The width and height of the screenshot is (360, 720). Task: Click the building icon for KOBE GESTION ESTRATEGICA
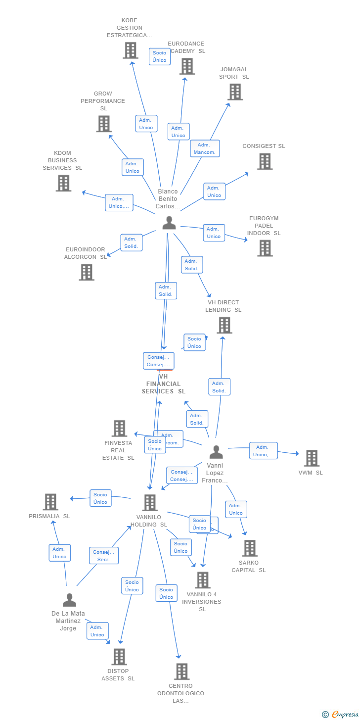(x=131, y=50)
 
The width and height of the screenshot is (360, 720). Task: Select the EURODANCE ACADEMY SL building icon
(x=187, y=66)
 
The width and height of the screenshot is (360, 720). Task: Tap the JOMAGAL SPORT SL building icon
(x=235, y=92)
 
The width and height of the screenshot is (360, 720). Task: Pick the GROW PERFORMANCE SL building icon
(x=104, y=124)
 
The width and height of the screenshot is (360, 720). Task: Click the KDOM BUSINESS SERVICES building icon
(x=63, y=183)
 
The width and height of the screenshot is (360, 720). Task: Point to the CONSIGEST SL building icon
(x=265, y=161)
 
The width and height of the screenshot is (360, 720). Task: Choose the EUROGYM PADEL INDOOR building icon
(x=265, y=248)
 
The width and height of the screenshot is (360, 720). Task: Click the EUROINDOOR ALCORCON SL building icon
(x=87, y=272)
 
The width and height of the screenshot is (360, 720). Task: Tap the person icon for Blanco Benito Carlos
(x=169, y=223)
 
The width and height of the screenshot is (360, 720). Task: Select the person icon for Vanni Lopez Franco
(x=216, y=452)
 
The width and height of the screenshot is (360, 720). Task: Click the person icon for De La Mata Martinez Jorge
(x=69, y=600)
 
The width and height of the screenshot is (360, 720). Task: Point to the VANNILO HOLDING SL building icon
(x=150, y=503)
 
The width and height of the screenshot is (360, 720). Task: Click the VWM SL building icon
(x=312, y=458)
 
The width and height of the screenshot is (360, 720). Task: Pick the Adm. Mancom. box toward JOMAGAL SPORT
(x=205, y=148)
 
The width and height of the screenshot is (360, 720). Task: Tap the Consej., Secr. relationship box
(x=104, y=556)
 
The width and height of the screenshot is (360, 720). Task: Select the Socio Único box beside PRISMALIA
(x=100, y=498)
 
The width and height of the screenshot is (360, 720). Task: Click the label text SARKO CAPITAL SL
(x=249, y=567)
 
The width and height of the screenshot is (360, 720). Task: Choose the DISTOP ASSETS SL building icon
(x=119, y=657)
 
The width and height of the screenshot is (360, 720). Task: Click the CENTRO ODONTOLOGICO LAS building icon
(x=181, y=672)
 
